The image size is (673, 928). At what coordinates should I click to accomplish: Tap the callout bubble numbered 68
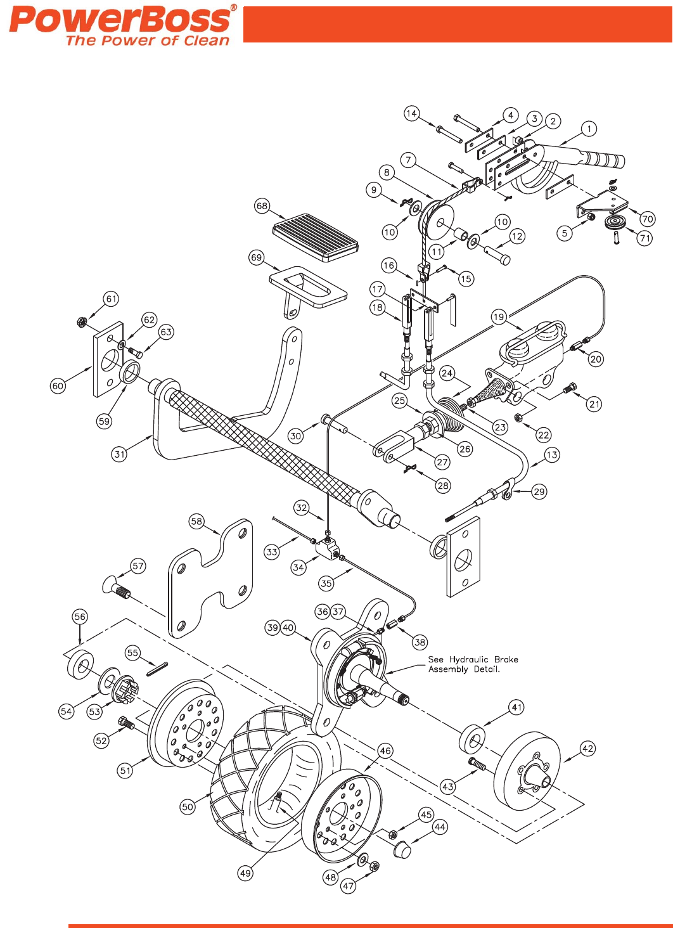pos(262,206)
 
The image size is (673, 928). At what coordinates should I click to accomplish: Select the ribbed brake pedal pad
pos(315,237)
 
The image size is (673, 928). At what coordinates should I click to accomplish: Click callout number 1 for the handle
pos(589,129)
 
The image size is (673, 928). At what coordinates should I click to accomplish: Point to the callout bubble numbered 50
pos(188,806)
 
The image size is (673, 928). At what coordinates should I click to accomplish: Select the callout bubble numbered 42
pos(587,749)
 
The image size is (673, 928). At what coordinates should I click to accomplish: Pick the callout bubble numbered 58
pos(197,521)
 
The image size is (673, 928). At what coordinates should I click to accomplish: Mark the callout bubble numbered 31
pos(120,454)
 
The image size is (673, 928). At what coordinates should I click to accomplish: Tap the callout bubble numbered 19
pos(499,317)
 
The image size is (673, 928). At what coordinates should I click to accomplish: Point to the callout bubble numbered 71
pos(644,238)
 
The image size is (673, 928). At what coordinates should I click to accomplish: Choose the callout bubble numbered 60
pos(58,385)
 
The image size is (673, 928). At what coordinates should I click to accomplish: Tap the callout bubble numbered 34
pos(298,567)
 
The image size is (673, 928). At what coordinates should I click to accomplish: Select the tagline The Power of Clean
pos(147,41)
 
